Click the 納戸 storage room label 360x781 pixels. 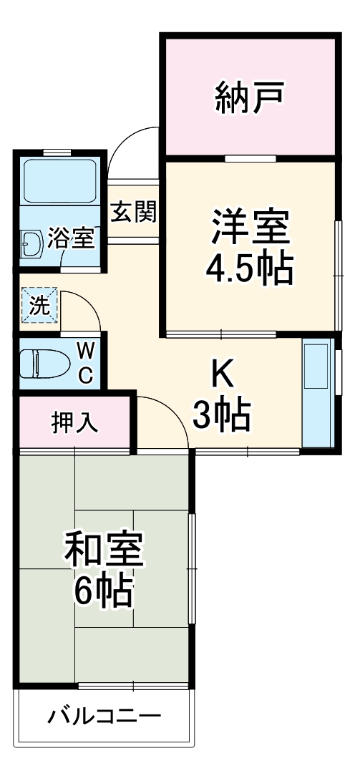[x=250, y=99]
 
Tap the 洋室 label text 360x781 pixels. [x=250, y=227]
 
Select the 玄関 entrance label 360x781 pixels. [x=133, y=212]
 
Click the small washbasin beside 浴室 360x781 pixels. [x=31, y=246]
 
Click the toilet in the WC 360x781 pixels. [x=42, y=364]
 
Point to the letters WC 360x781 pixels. [x=85, y=363]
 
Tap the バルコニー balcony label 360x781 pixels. [x=104, y=716]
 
